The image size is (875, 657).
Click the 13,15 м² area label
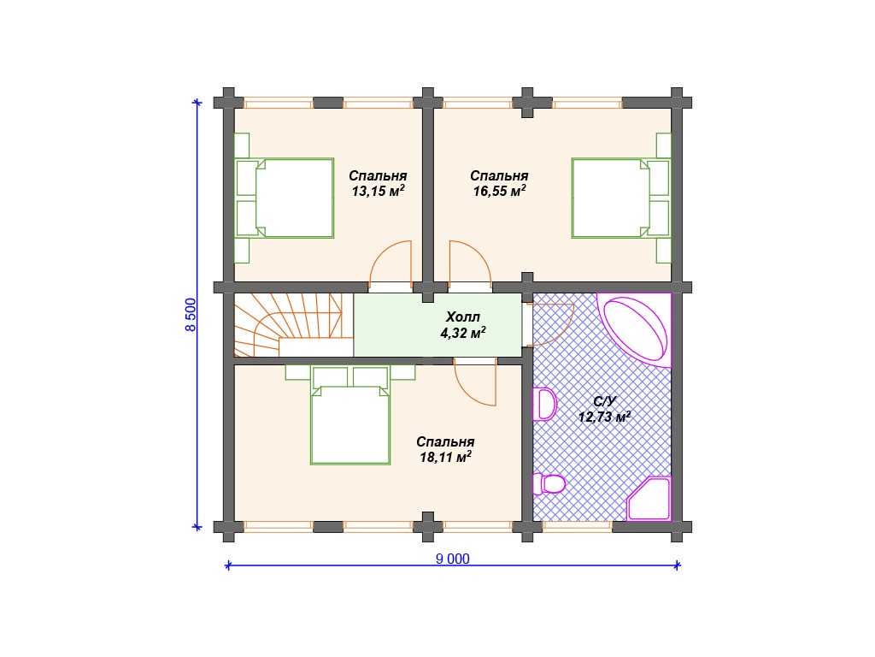click(378, 191)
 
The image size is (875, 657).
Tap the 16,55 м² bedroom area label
click(499, 191)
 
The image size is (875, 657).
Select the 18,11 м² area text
click(445, 457)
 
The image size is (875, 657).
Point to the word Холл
click(462, 317)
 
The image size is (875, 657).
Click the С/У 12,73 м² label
click(604, 409)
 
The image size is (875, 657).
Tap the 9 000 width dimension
click(453, 559)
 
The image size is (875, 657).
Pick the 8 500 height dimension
click(191, 315)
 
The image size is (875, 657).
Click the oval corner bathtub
click(636, 328)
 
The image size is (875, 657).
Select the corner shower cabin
click(649, 499)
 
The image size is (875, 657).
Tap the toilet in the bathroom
click(549, 484)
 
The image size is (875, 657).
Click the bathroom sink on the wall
click(544, 404)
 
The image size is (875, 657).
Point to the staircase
click(288, 324)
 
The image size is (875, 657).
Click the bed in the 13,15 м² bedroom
click(285, 198)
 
